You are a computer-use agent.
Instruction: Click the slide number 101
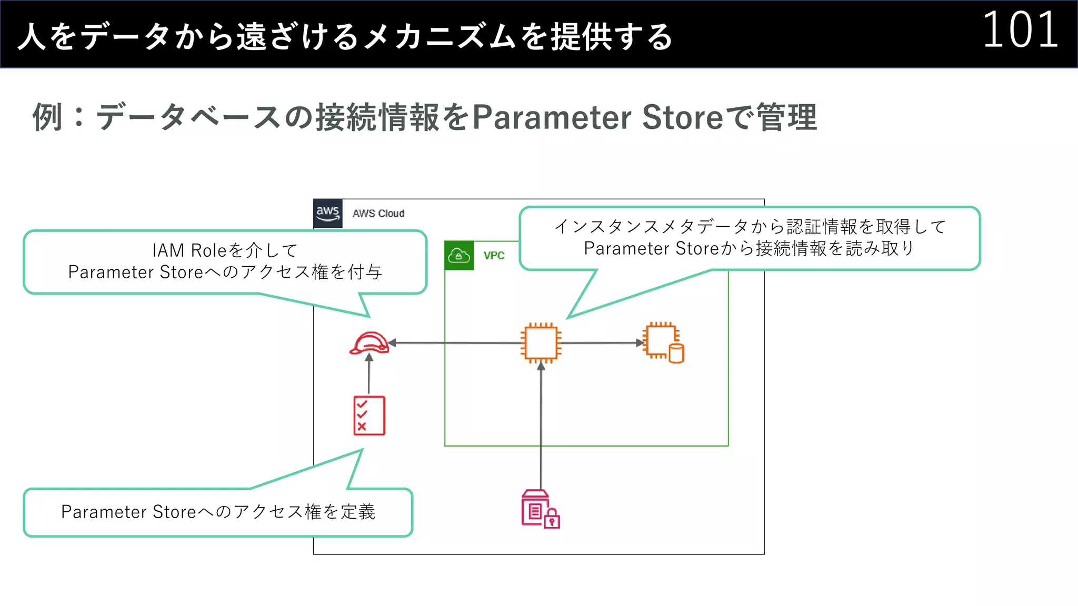tap(1020, 31)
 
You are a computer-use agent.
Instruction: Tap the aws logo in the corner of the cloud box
tap(327, 213)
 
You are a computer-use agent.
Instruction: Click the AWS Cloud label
tap(378, 214)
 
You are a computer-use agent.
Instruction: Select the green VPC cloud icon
tap(459, 256)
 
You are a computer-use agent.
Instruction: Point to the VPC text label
tap(494, 256)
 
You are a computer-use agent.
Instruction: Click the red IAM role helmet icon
tap(369, 343)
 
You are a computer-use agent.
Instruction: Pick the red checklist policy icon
tap(369, 416)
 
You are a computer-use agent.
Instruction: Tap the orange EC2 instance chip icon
tap(541, 343)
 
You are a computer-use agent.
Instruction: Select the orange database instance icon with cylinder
tap(663, 343)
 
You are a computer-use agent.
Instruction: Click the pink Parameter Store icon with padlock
tap(540, 509)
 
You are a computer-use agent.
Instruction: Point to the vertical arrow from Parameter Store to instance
tap(541, 426)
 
